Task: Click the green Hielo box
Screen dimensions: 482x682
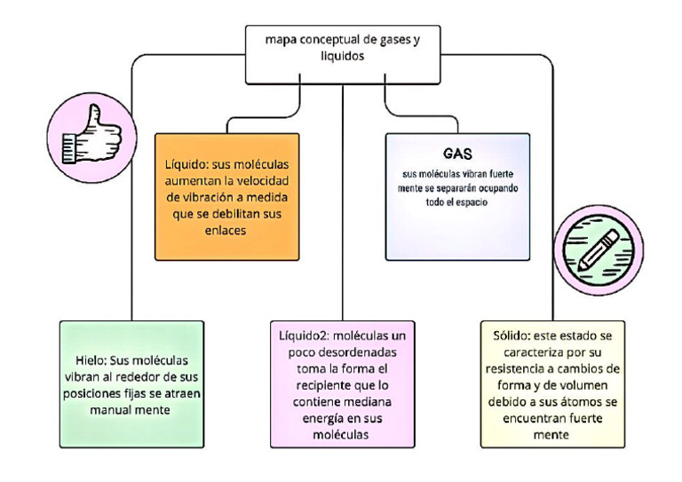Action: (132, 383)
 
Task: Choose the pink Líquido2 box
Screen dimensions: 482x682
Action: (343, 383)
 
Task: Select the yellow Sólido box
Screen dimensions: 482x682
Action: (552, 383)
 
